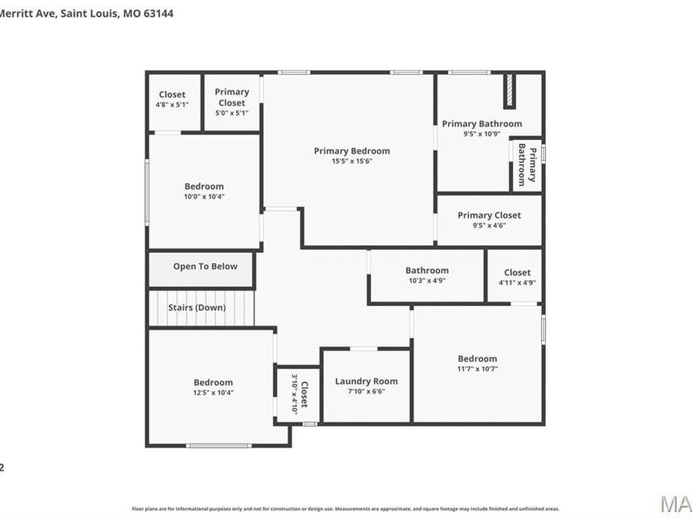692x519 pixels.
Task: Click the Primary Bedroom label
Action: click(x=351, y=151)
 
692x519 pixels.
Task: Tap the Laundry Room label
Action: click(x=366, y=381)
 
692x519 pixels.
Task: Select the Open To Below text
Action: click(x=205, y=267)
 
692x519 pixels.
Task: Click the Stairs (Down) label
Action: click(x=197, y=308)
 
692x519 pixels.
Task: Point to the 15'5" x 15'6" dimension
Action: click(x=351, y=161)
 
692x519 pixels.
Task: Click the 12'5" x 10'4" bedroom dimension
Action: click(x=213, y=393)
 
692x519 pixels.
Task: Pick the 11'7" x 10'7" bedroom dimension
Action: click(x=477, y=369)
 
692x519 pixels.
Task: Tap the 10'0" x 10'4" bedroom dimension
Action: click(x=204, y=197)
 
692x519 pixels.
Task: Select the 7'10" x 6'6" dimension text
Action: click(x=366, y=391)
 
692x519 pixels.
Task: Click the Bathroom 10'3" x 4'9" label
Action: click(x=427, y=271)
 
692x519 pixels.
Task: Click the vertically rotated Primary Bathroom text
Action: click(x=527, y=165)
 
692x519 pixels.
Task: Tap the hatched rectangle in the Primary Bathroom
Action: click(x=508, y=91)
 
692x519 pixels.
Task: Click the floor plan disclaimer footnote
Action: click(x=345, y=509)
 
